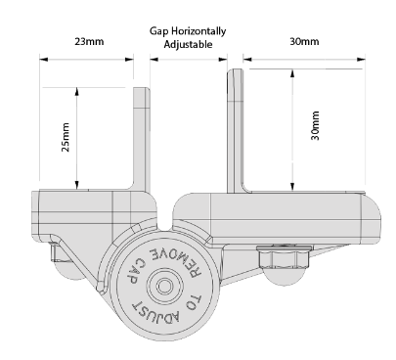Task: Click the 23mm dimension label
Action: (89, 41)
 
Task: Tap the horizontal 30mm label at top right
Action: (304, 41)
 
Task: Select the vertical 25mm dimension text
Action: (66, 137)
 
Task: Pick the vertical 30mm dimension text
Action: (315, 125)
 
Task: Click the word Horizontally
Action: (198, 31)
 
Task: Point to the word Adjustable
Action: (188, 44)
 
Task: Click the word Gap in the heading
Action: (159, 31)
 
